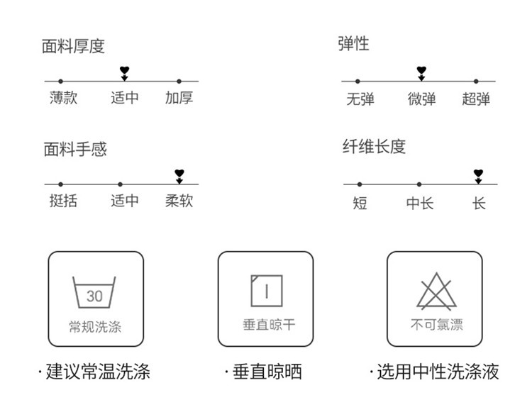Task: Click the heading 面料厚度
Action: tap(73, 47)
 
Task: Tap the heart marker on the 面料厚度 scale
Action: tap(125, 71)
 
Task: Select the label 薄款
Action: tap(63, 98)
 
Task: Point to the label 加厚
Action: tap(179, 98)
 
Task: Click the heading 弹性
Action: tap(353, 44)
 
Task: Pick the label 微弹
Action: tap(421, 99)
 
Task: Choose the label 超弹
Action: tap(476, 99)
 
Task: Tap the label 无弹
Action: tap(360, 99)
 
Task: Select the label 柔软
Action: tap(179, 201)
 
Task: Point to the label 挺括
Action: tap(63, 201)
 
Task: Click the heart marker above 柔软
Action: tap(179, 174)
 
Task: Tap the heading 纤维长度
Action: tap(374, 147)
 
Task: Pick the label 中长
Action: tap(419, 204)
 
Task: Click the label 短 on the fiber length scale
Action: tap(360, 204)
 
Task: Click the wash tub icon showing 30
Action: tap(94, 293)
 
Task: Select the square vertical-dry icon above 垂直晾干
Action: tap(266, 290)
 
